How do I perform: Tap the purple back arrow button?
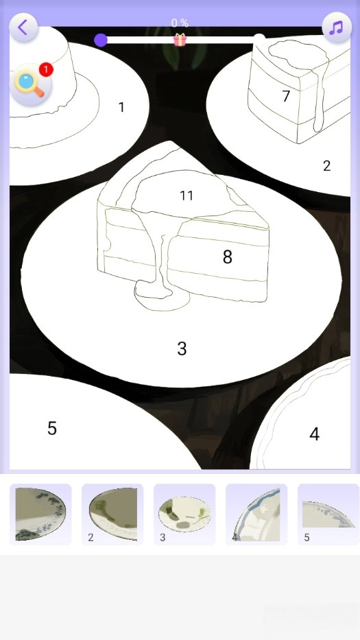[23, 27]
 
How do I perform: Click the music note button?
[337, 27]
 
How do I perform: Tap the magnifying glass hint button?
[30, 84]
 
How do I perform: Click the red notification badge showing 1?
[46, 70]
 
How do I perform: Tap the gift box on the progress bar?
[180, 40]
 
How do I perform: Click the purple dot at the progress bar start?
[100, 40]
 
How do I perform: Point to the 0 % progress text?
[180, 23]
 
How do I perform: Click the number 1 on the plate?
[121, 107]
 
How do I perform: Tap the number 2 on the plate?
[326, 166]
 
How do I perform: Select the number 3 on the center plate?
[182, 348]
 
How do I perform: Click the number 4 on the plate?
[314, 434]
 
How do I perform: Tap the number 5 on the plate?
[52, 428]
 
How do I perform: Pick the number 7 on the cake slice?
[286, 96]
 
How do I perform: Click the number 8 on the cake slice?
[228, 257]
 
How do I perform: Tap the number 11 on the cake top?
[187, 196]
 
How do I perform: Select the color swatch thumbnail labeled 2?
[112, 514]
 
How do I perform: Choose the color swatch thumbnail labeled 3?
[184, 514]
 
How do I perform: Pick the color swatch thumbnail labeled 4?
[256, 514]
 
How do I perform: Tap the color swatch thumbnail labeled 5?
[328, 514]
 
